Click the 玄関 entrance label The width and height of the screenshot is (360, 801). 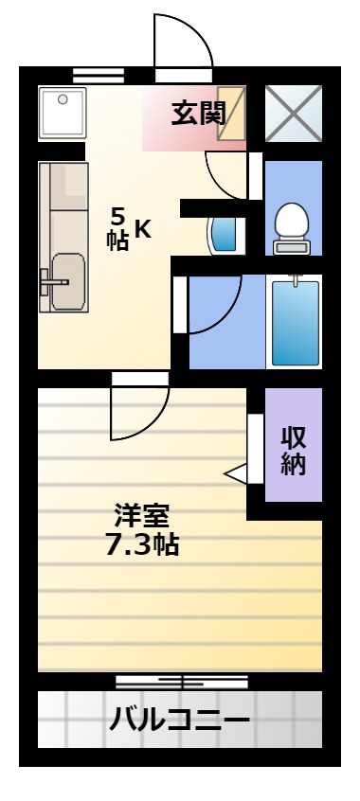198,114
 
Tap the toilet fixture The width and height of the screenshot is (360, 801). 292,228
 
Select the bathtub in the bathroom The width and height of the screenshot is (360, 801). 295,322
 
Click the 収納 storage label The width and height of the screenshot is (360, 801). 294,451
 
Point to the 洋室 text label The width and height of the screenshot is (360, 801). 142,516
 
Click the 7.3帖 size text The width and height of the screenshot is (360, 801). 142,544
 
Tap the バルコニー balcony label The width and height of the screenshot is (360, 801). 179,721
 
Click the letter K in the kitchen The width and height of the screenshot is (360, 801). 143,230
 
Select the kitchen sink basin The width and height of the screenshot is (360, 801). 68,281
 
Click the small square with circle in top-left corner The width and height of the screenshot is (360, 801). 63,113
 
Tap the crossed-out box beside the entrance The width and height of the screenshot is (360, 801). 294,113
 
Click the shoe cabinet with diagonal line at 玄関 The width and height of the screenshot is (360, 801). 231,113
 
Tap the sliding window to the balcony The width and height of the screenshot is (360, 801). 182,682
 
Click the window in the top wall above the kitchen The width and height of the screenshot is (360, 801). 99,76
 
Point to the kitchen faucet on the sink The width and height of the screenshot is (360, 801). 54,281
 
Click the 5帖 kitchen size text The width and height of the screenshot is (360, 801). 117,230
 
